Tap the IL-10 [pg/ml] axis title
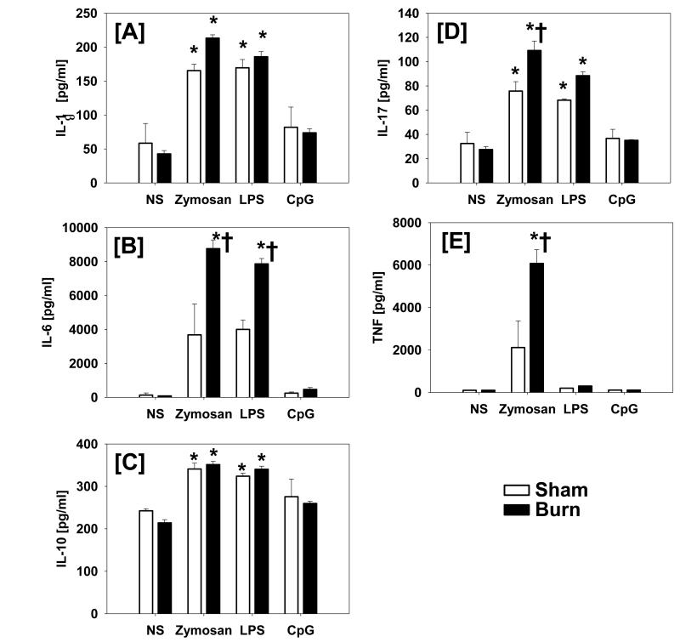61,527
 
